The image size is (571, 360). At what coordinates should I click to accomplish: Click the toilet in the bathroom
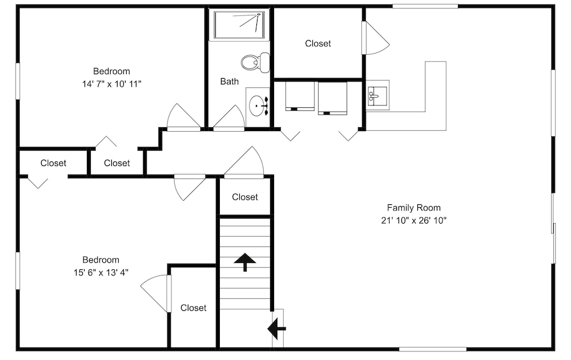point(255,63)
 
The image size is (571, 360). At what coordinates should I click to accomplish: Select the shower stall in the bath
point(239,25)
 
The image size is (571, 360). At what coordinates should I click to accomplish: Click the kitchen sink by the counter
point(377,95)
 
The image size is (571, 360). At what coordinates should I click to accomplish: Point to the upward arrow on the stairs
point(245,262)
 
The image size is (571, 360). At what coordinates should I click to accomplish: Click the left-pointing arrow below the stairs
point(276,328)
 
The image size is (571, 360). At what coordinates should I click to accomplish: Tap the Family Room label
point(413,208)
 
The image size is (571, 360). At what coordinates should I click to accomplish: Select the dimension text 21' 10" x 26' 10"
point(413,220)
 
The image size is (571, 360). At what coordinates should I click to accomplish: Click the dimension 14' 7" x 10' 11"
point(111,84)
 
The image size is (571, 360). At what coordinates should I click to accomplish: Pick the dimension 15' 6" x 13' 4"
point(101,272)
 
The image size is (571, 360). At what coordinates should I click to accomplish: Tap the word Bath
point(230,81)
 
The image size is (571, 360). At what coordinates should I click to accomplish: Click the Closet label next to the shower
point(318,43)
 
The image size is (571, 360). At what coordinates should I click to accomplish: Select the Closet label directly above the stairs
point(245,197)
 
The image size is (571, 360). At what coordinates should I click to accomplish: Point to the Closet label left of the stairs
point(194,308)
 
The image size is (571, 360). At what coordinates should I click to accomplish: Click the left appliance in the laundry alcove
point(300,96)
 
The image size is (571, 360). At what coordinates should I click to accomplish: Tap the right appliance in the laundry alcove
point(332,98)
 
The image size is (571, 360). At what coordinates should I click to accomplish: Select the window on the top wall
point(425,6)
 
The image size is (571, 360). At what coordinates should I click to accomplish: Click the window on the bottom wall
point(433,349)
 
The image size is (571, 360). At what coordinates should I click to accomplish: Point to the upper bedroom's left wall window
point(18,81)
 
